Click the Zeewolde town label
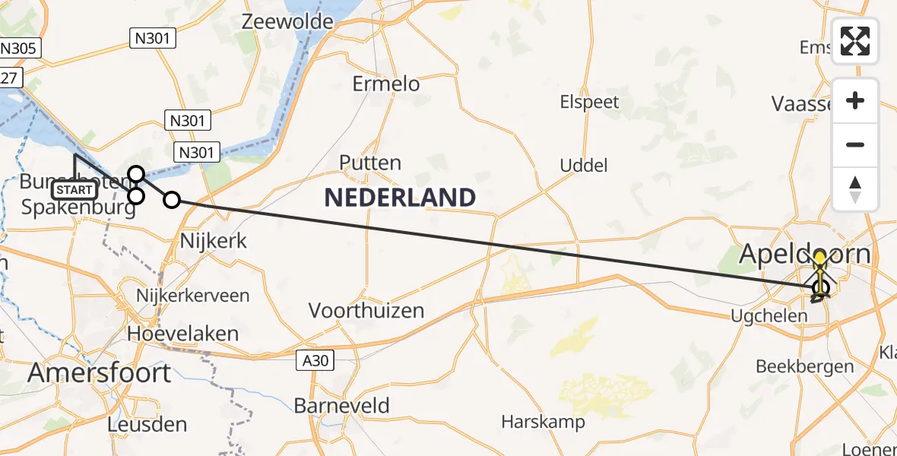tap(287, 21)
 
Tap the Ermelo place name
tap(386, 84)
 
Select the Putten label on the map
tap(370, 163)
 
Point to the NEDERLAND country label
tap(400, 198)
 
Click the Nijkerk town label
tap(214, 241)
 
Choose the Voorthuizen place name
tap(366, 310)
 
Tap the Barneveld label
tap(341, 405)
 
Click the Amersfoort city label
tap(100, 373)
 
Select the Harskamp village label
tap(543, 422)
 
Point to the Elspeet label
tap(589, 102)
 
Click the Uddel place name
tap(584, 165)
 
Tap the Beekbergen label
tap(804, 366)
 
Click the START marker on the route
tap(74, 190)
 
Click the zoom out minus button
tap(855, 144)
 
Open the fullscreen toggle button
tap(855, 41)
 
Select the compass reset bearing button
tap(855, 188)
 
